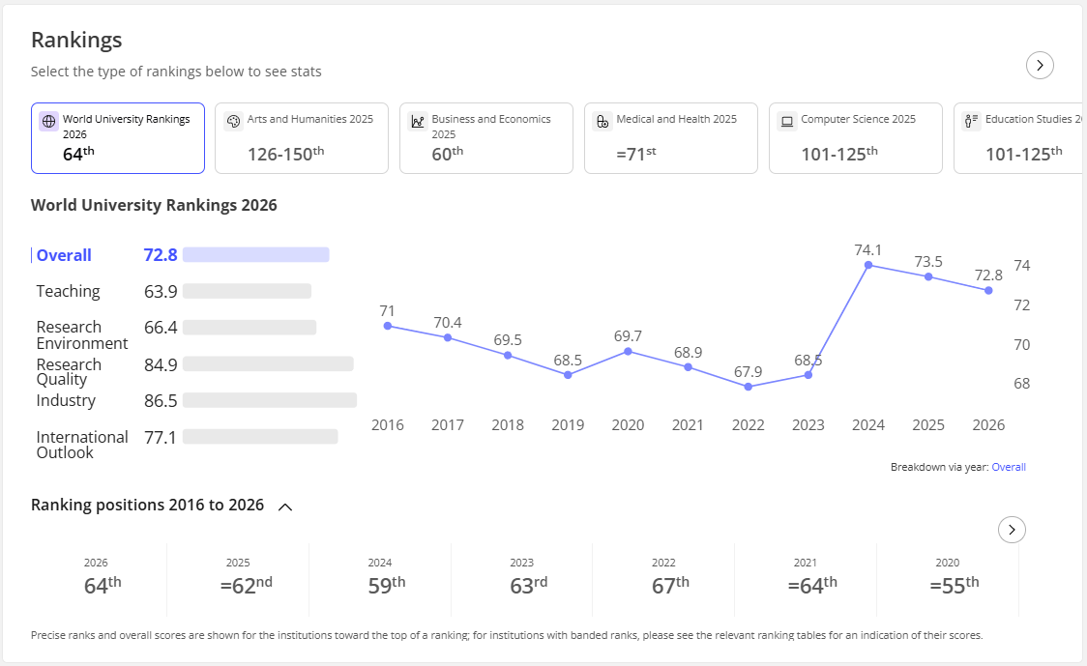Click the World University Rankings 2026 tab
(118, 138)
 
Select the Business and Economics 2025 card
(486, 138)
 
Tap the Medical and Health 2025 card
(671, 138)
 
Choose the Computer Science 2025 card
(856, 138)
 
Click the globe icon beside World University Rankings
(48, 121)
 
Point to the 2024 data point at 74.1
(867, 265)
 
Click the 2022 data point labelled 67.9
(748, 387)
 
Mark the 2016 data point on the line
(388, 326)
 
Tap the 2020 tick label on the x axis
(628, 424)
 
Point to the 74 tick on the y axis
(1022, 266)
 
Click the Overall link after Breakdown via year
(1009, 467)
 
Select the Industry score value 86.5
(161, 400)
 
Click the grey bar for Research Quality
(268, 363)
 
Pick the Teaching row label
(68, 291)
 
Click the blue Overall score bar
(256, 254)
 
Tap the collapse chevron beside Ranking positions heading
(285, 507)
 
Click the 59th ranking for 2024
(387, 586)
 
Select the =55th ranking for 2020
(955, 586)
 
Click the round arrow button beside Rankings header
(1040, 65)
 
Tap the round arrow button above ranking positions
(1013, 530)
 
